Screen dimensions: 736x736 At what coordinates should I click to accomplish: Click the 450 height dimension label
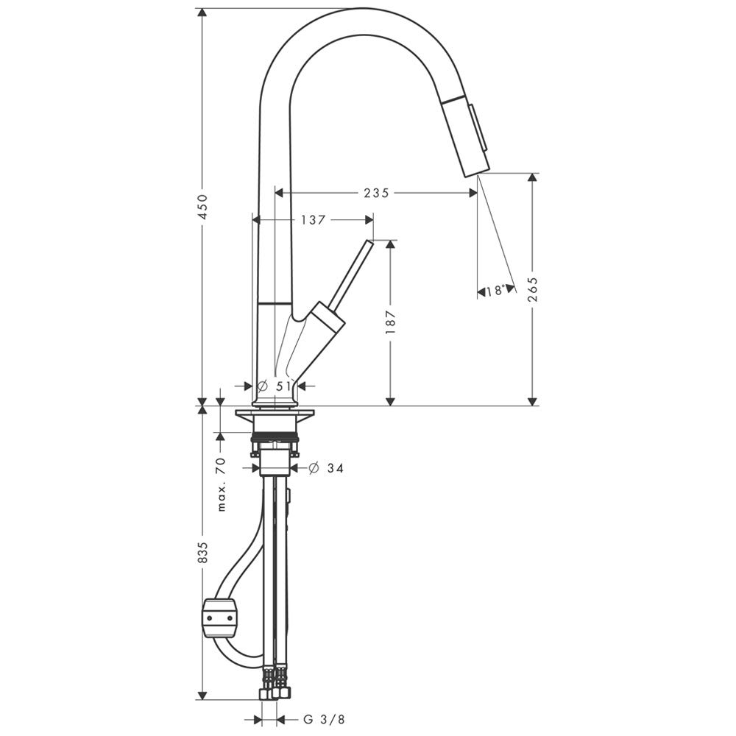coord(202,207)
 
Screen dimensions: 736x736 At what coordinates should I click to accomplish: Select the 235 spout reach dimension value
coord(376,192)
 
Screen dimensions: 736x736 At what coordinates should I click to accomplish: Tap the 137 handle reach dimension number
coord(313,219)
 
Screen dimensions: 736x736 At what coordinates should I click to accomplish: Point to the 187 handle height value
coord(391,322)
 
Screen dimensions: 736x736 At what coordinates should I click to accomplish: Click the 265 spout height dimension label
coord(533,291)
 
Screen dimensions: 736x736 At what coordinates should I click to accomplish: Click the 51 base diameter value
coord(283,386)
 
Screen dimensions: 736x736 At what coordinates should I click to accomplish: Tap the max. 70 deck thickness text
coord(222,484)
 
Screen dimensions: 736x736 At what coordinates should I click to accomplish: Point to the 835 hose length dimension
coord(202,553)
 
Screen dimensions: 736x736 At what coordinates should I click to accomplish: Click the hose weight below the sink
coord(219,618)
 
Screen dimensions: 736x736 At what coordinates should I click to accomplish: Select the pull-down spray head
coord(466,135)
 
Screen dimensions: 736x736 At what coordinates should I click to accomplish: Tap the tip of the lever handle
coord(370,243)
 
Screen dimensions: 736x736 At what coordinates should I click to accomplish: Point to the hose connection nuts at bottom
coord(275,693)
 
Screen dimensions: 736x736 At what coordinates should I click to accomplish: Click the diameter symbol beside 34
coord(314,468)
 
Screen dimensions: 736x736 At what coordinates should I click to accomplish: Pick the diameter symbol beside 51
coord(263,386)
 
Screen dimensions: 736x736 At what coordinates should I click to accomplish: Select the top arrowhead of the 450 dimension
coord(202,13)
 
